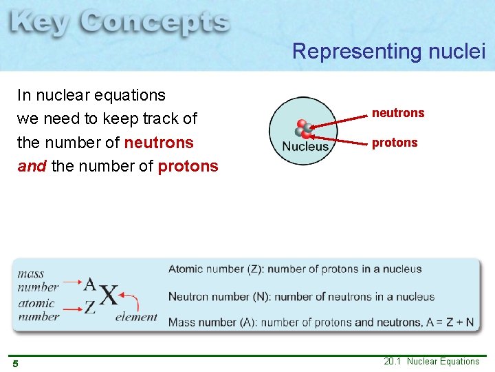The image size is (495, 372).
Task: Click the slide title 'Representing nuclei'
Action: click(x=388, y=51)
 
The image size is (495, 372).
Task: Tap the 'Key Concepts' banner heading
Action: click(x=120, y=23)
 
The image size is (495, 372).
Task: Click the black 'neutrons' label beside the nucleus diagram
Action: click(x=398, y=113)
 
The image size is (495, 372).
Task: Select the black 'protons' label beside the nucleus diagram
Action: click(x=395, y=143)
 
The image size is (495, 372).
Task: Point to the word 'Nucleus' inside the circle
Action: click(x=305, y=147)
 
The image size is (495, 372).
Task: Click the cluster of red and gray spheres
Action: click(x=302, y=130)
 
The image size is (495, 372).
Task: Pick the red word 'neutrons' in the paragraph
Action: click(x=159, y=143)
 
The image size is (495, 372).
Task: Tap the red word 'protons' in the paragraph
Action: click(x=188, y=167)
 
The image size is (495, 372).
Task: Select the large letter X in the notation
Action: click(x=108, y=296)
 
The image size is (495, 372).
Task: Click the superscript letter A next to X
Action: click(x=90, y=283)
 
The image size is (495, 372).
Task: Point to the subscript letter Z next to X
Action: click(x=90, y=308)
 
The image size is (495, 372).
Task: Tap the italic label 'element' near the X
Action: click(x=136, y=317)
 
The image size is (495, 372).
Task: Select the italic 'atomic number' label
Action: click(x=38, y=310)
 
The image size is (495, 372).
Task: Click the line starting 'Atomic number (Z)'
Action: click(x=295, y=269)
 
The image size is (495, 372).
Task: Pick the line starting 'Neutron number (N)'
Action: click(x=301, y=297)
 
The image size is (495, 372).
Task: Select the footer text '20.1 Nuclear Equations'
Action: click(x=432, y=362)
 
